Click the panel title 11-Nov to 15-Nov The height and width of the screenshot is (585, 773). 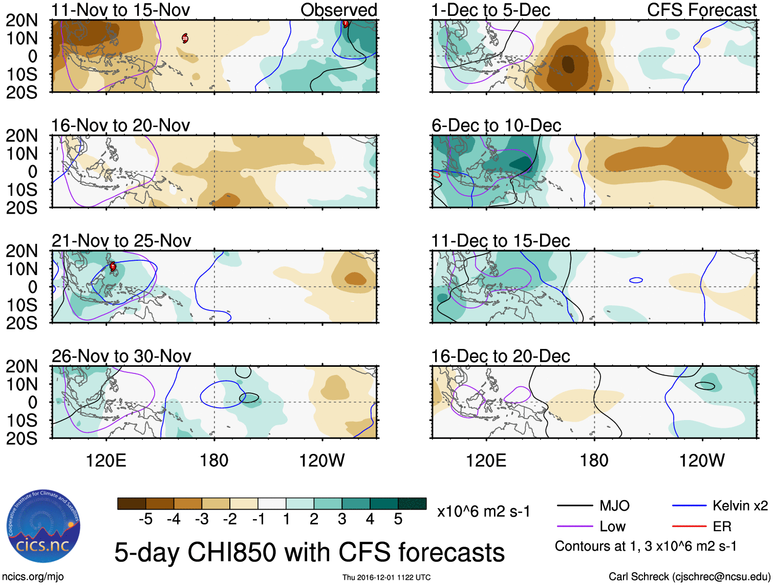121,10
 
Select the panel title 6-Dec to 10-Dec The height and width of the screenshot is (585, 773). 496,125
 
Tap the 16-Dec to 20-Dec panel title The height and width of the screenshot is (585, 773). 500,356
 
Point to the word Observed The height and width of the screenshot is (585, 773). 338,10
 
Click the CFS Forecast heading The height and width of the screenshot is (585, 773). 701,10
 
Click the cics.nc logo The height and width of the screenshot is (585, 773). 43,528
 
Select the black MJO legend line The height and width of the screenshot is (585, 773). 574,506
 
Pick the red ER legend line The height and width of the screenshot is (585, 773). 689,526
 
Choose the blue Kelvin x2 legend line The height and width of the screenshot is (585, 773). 689,506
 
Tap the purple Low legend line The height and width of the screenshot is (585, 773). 574,526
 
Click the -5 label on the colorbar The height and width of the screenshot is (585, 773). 145,519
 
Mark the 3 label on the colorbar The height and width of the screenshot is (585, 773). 341,519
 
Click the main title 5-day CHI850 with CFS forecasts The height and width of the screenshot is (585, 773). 309,552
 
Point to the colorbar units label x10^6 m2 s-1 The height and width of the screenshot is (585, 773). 483,511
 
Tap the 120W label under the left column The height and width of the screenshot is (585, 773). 321,460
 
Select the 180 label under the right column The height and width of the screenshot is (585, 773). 594,460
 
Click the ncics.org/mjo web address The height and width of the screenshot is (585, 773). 33,577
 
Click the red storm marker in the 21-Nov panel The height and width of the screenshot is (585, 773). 113,266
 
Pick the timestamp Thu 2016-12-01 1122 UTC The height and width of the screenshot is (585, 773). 386,577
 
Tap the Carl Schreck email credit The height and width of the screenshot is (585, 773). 689,577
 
